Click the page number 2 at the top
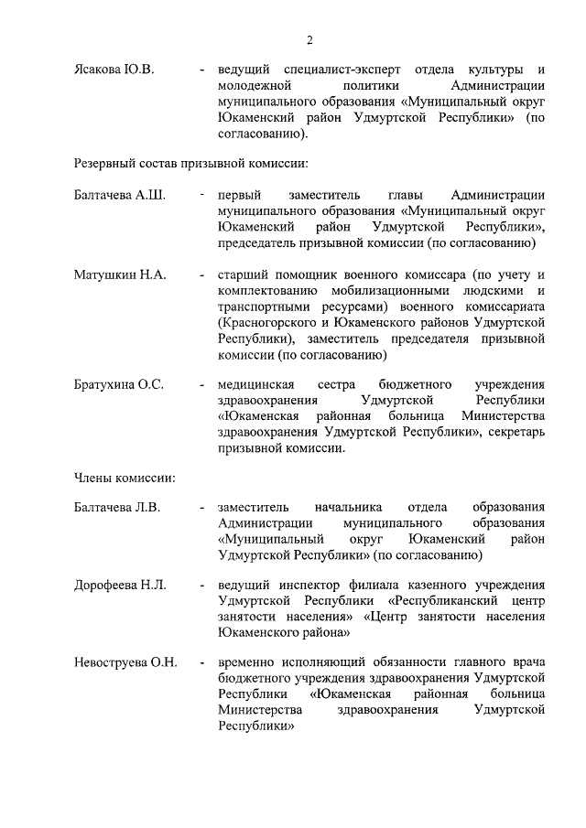[309, 39]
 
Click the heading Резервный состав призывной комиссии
[190, 164]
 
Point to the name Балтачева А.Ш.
[120, 195]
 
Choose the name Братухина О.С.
[119, 385]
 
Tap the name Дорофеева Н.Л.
[120, 586]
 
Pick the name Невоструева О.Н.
[125, 661]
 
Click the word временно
[247, 661]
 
